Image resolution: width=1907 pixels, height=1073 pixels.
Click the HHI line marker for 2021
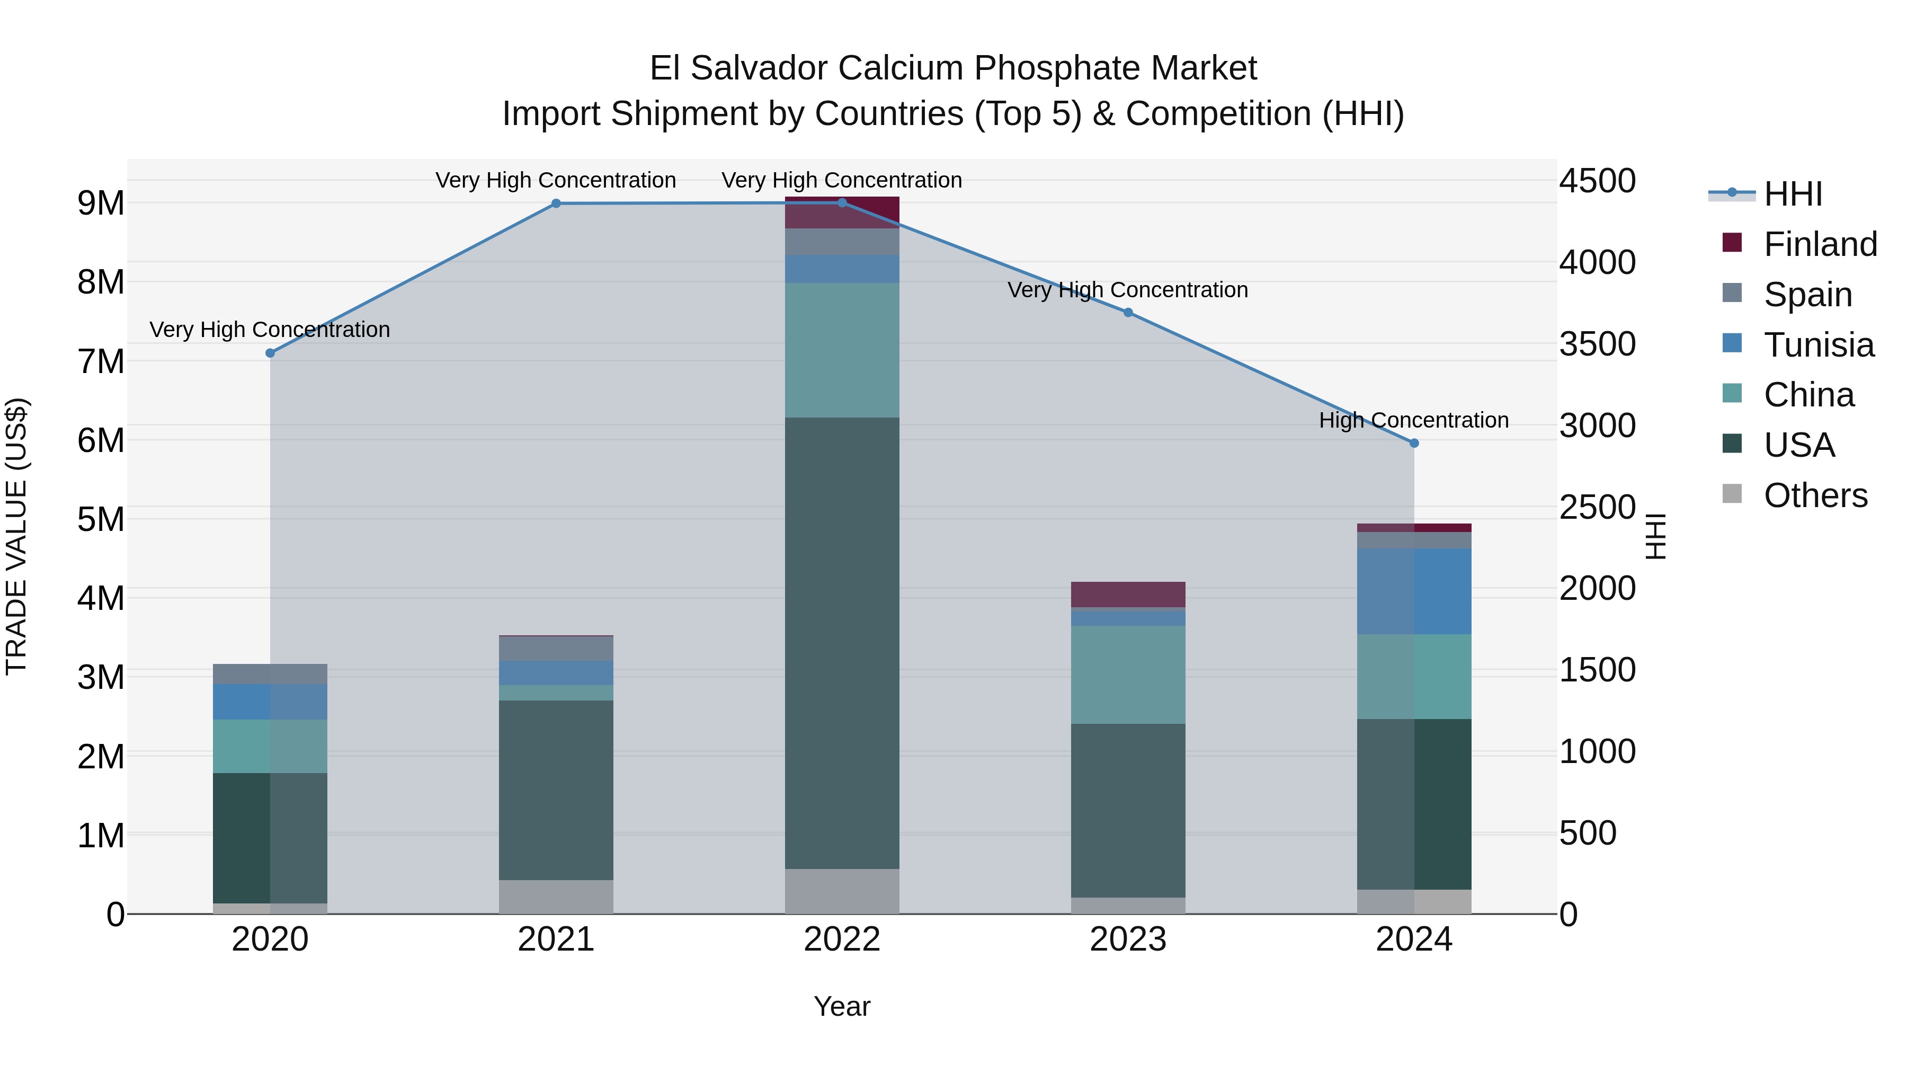[x=556, y=203]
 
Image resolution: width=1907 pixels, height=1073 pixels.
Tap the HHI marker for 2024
[x=1414, y=443]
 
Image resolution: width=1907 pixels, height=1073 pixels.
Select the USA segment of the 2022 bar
[x=842, y=643]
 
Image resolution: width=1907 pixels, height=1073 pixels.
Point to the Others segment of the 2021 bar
[x=556, y=897]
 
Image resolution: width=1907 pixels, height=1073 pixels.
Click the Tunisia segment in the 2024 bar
[x=1414, y=591]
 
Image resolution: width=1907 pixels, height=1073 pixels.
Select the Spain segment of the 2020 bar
[x=270, y=674]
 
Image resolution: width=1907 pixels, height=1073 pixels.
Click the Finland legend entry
[x=1820, y=244]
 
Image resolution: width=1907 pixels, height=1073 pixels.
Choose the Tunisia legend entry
[x=1818, y=345]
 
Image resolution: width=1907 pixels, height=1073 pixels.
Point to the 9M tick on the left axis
[x=101, y=203]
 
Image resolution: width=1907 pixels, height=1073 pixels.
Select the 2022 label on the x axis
[x=842, y=939]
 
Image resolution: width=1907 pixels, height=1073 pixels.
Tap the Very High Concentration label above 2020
[x=270, y=330]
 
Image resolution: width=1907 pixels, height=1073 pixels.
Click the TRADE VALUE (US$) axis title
[x=16, y=536]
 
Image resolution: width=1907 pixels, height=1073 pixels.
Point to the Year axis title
[x=842, y=1006]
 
